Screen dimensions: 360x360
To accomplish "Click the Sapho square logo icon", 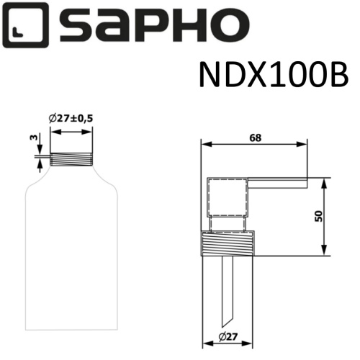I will tap(27, 24).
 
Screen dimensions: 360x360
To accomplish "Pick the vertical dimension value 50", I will tap(339, 215).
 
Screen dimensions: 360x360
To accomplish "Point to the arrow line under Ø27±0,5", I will tap(72, 132).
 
